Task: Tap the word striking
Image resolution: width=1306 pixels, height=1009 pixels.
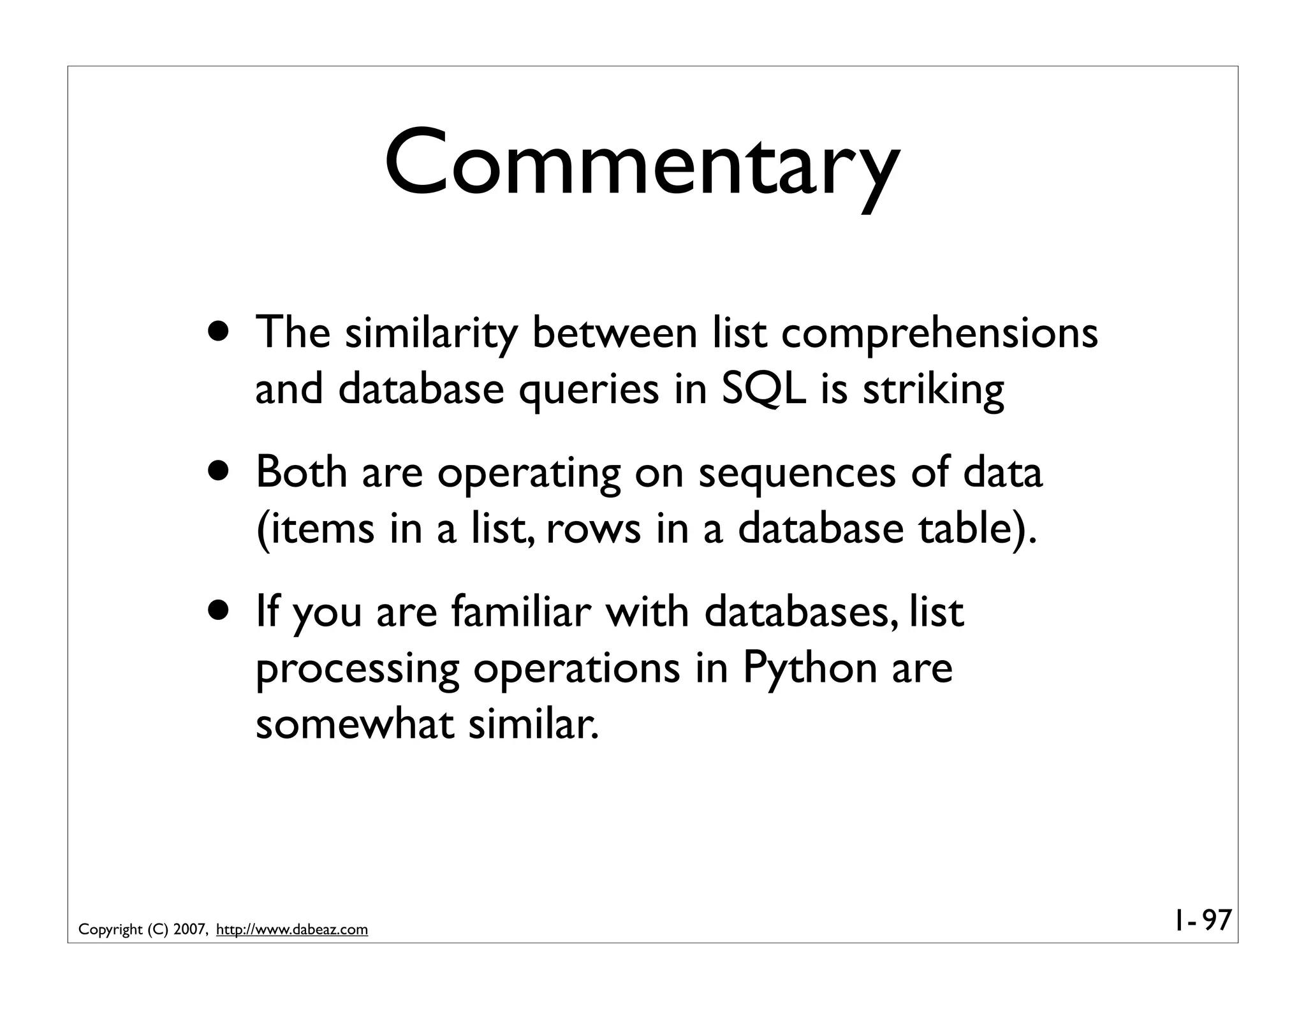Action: (933, 390)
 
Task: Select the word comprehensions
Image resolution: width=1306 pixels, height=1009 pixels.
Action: (939, 334)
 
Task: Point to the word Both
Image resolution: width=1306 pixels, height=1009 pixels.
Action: (302, 473)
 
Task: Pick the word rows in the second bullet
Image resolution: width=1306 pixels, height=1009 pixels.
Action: (593, 529)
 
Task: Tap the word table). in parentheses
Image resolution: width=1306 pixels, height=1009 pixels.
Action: (977, 529)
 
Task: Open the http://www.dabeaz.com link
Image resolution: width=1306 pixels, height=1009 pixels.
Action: (292, 930)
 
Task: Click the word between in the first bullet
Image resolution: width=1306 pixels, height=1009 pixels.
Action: (615, 333)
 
